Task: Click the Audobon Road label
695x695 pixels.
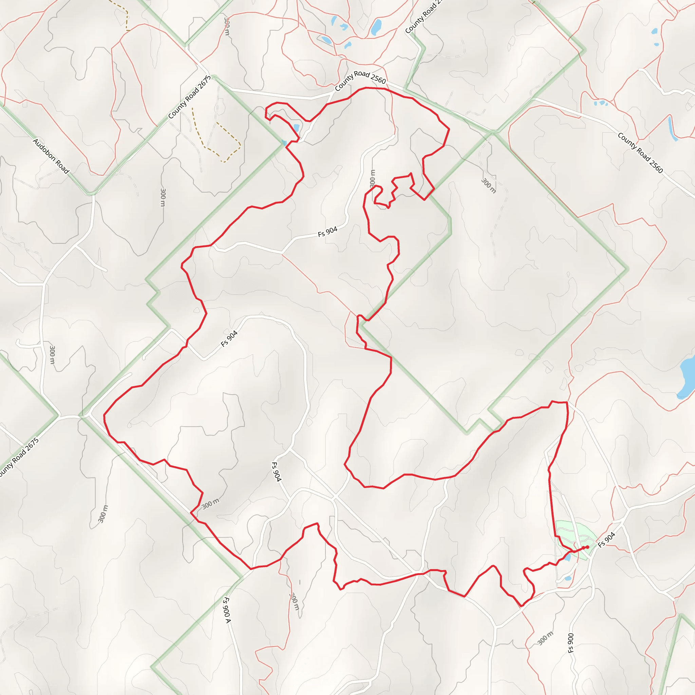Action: (51, 156)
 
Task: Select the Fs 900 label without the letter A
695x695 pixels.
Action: (570, 643)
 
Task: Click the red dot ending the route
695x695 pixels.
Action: (587, 547)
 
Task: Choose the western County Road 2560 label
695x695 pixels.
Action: (360, 80)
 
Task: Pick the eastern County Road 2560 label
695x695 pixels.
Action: (640, 152)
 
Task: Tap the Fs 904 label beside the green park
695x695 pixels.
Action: (606, 540)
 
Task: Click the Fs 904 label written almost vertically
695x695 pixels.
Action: (276, 472)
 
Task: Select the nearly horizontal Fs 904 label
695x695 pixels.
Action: (327, 232)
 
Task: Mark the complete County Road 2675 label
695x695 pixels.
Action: (190, 97)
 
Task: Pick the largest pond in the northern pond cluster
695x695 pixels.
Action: (376, 27)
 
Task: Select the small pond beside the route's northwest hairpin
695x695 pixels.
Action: (296, 128)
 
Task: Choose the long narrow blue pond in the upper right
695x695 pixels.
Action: (672, 128)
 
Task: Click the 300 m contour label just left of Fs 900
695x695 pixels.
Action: (545, 638)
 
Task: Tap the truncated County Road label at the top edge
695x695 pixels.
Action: (424, 18)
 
